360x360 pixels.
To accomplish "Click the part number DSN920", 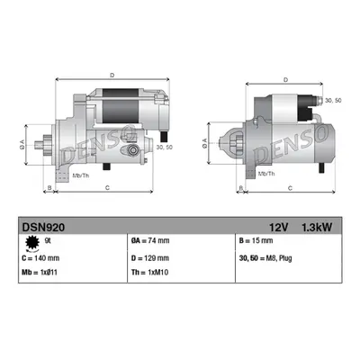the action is click(43, 228).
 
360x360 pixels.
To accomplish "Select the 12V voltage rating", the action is click(278, 228).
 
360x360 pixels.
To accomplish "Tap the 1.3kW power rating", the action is click(317, 228).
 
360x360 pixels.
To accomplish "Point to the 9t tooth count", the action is click(48, 240).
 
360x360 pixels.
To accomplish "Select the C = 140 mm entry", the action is click(40, 258).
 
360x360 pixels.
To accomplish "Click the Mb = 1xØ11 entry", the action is click(40, 273).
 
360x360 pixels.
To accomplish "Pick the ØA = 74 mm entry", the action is click(150, 240).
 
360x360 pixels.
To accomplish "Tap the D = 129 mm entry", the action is click(150, 258).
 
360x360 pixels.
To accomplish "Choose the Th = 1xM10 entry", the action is click(149, 273).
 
